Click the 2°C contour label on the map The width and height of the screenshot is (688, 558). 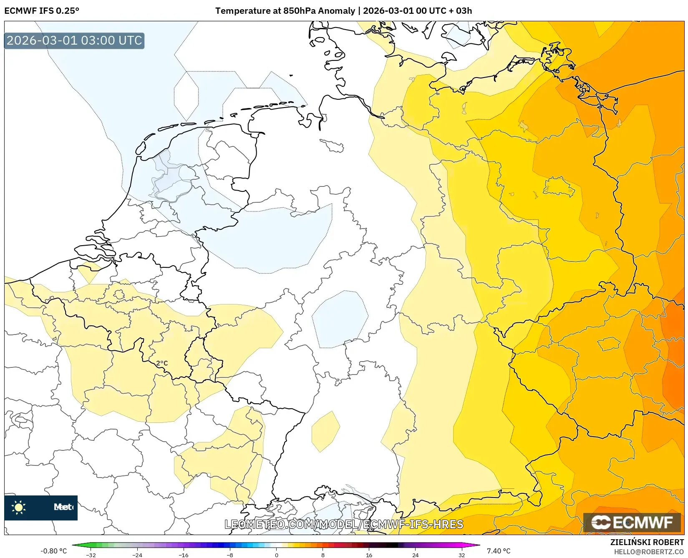tap(162, 363)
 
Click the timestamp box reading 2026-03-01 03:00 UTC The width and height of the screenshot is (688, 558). tap(74, 40)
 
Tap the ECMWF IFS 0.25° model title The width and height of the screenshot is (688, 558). tap(42, 11)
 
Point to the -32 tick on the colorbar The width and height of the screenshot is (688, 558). tap(91, 555)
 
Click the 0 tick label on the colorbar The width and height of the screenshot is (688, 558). tap(276, 555)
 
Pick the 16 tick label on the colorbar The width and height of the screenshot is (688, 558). tap(369, 555)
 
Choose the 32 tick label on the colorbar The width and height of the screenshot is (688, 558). tap(461, 555)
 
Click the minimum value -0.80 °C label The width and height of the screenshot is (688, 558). tap(53, 551)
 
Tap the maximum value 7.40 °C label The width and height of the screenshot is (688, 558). tap(499, 551)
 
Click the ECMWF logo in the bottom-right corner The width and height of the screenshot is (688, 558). tap(633, 522)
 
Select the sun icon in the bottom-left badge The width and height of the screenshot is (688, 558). tap(19, 507)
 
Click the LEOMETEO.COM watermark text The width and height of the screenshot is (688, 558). tap(344, 524)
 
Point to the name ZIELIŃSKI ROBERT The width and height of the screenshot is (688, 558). tap(647, 542)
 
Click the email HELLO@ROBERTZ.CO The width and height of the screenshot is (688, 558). tap(649, 551)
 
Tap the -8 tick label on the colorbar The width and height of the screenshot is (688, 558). tap(229, 555)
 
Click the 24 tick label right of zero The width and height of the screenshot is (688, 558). tap(415, 555)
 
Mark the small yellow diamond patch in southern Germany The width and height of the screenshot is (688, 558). tap(325, 431)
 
